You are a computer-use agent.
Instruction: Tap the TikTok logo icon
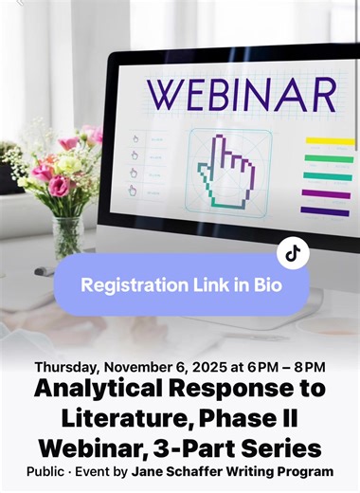tap(294, 252)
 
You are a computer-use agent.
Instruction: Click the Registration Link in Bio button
tap(181, 283)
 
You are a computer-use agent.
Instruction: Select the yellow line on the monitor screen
tap(329, 141)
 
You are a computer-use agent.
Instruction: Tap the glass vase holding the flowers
tap(67, 232)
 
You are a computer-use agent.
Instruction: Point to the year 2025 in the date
tap(203, 367)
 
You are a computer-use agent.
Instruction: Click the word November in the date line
tap(136, 367)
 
